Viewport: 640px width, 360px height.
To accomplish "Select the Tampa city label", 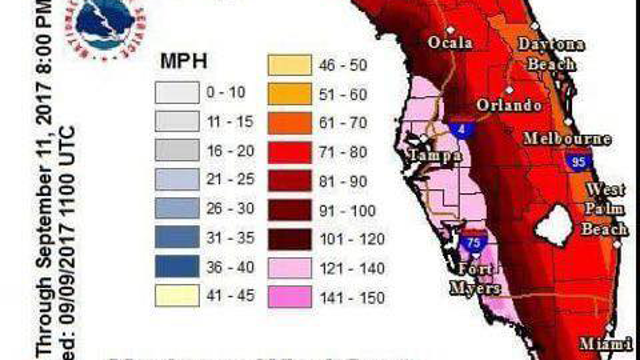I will click(x=434, y=157).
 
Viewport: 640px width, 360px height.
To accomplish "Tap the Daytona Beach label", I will click(x=552, y=54).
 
